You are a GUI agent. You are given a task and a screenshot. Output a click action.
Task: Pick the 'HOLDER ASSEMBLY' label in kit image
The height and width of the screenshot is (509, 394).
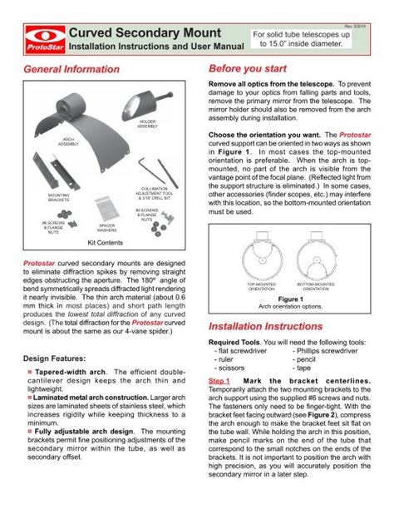coord(147,125)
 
